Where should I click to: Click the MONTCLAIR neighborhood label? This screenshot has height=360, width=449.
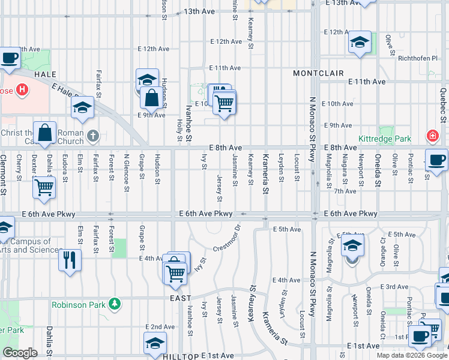318,73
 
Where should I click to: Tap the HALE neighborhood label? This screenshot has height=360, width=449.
46,74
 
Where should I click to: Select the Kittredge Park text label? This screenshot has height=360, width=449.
384,139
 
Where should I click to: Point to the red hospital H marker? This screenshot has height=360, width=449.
22,91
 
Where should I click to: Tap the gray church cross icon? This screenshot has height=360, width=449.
92,136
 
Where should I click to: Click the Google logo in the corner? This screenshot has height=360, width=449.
20,353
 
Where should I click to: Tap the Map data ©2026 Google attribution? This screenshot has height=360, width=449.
412,356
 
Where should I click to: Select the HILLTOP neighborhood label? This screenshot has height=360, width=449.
180,356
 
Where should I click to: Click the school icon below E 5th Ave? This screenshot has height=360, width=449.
352,247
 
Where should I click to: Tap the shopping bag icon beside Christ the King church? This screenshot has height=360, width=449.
45,133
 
